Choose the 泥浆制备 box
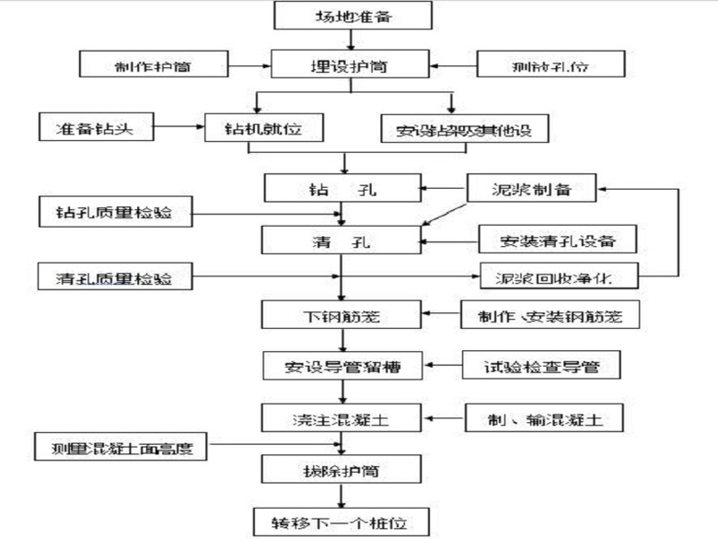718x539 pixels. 531,190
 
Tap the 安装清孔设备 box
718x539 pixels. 558,241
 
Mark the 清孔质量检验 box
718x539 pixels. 117,276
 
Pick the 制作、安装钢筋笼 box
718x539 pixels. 550,315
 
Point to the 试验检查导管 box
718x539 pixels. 541,366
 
